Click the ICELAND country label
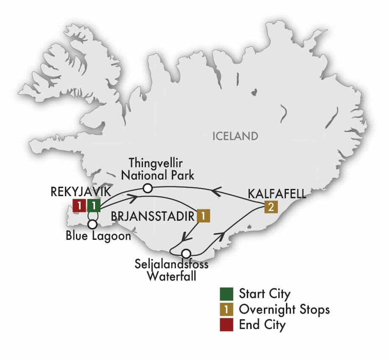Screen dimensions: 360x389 235,136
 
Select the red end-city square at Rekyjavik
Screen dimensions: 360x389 79,206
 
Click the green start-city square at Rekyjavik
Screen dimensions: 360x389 93,206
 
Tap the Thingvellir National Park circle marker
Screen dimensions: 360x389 147,188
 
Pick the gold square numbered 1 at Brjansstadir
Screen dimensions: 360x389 203,216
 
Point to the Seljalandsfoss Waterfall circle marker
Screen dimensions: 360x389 185,253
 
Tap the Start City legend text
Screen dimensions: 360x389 265,294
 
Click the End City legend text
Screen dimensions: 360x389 262,325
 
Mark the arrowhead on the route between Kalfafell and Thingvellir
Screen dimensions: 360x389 215,192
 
